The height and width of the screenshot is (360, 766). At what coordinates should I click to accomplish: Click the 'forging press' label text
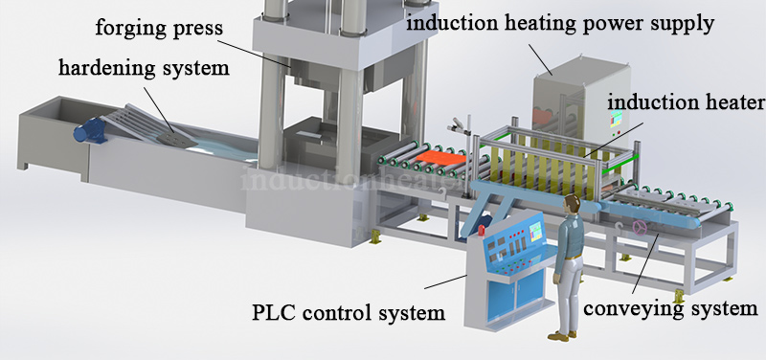tap(158, 28)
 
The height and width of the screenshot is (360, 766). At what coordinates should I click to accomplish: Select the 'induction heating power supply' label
tap(560, 22)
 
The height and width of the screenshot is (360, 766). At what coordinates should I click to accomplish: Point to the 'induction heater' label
tap(685, 101)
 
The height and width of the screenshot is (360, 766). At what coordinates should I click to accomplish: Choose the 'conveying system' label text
tap(670, 309)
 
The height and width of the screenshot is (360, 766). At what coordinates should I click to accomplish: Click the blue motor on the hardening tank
tap(93, 132)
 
